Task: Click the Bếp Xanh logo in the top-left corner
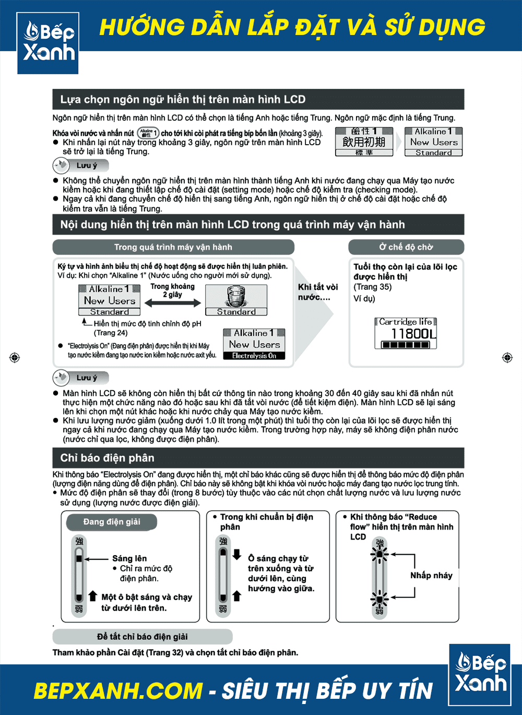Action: coord(48,43)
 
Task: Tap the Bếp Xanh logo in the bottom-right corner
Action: coord(480,674)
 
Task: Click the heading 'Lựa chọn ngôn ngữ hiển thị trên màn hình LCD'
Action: coord(183,99)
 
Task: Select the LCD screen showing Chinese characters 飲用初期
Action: coord(364,142)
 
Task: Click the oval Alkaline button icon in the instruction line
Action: coord(148,133)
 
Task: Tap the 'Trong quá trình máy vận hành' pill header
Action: coord(173,247)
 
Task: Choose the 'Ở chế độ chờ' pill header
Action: coord(406,247)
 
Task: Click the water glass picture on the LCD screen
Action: coord(236,297)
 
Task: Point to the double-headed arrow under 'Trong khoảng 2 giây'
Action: coord(173,303)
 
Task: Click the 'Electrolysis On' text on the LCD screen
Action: coord(254,356)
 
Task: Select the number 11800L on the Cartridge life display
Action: coord(413,333)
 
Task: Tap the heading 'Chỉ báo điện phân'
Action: coord(108,458)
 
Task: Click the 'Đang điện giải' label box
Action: coord(112,522)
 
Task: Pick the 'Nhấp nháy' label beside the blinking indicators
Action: coord(431,575)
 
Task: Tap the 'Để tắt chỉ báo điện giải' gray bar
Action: coord(142,637)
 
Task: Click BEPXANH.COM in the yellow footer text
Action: coord(118,690)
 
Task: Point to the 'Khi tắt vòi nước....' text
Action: coord(317,292)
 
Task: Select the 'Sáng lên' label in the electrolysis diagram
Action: coord(129,558)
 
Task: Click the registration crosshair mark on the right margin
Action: coord(507,357)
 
